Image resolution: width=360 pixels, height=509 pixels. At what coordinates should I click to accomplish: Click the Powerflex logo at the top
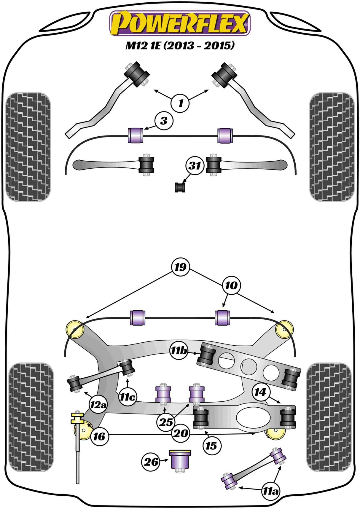click(x=180, y=23)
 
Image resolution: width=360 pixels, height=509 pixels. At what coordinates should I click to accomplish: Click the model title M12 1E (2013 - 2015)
click(x=180, y=45)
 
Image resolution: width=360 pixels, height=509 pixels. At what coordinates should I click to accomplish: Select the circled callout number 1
click(x=180, y=103)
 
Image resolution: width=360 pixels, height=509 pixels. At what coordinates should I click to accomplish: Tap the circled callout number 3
click(x=163, y=121)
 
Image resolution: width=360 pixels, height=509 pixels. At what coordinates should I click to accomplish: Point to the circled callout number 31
click(x=195, y=165)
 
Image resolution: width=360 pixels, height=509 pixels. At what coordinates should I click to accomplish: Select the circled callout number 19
click(x=180, y=267)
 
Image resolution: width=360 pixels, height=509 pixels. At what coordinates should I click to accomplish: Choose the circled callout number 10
click(x=231, y=285)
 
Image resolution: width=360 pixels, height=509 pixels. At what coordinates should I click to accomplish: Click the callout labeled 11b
click(x=179, y=351)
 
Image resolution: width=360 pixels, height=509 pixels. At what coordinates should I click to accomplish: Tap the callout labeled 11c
click(x=128, y=396)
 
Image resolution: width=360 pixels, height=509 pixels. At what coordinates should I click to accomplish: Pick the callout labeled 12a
click(x=98, y=404)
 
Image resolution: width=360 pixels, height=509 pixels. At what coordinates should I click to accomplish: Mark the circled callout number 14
click(x=260, y=392)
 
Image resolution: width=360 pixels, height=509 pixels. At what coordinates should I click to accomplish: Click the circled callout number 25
click(x=166, y=422)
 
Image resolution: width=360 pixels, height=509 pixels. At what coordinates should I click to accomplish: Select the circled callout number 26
click(x=151, y=461)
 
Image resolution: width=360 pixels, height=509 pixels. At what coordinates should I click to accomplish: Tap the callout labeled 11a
click(x=270, y=491)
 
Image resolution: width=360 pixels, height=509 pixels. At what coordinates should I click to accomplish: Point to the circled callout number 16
click(x=99, y=436)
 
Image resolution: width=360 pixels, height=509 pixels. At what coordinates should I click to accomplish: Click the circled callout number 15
click(x=211, y=445)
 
